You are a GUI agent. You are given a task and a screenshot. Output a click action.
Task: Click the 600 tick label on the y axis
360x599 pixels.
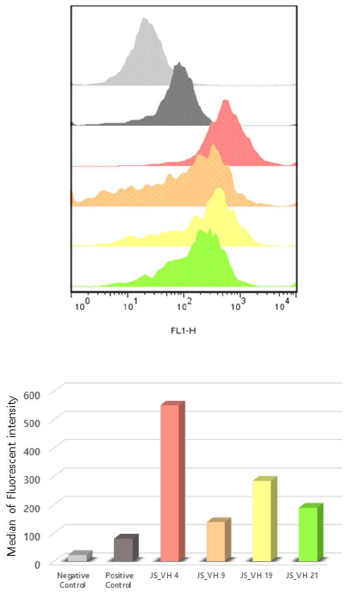[x=32, y=395]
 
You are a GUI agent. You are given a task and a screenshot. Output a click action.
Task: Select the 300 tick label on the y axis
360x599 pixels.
[x=32, y=479]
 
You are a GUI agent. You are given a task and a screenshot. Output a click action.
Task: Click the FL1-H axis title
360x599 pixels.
[x=183, y=331]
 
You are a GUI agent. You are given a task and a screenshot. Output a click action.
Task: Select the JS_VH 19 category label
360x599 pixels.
[x=256, y=575]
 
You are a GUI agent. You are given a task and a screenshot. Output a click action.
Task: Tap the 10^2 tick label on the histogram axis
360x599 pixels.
[x=184, y=305]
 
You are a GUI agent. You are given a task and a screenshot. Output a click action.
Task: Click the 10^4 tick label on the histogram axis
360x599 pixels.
[x=282, y=305]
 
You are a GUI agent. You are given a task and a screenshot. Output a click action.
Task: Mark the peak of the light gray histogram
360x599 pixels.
[x=144, y=18]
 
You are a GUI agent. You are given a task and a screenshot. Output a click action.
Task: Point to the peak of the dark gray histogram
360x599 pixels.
[x=179, y=62]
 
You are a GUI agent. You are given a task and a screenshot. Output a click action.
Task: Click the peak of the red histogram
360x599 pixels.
[x=225, y=100]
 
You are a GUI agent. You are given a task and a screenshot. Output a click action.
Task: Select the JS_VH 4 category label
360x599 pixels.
[x=164, y=575]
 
